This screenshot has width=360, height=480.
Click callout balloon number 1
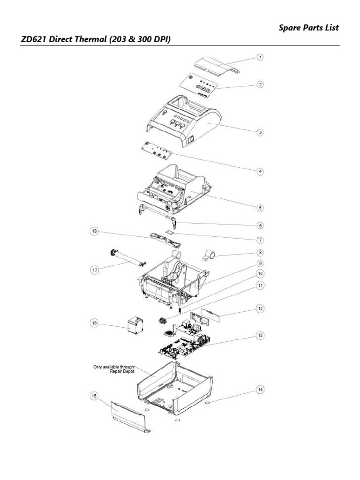pyautogui.click(x=260, y=57)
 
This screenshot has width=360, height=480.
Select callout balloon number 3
pyautogui.click(x=260, y=132)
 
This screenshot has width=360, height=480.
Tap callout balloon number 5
pyautogui.click(x=260, y=207)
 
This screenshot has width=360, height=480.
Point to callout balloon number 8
pyautogui.click(x=260, y=252)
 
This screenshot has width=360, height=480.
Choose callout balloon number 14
pyautogui.click(x=260, y=389)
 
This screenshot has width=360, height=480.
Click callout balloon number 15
pyautogui.click(x=94, y=396)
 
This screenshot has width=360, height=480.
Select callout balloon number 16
pyautogui.click(x=94, y=322)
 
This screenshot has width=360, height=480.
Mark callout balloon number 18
pyautogui.click(x=94, y=231)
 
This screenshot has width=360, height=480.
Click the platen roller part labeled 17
pyautogui.click(x=127, y=258)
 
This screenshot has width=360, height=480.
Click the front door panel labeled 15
pyautogui.click(x=131, y=415)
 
